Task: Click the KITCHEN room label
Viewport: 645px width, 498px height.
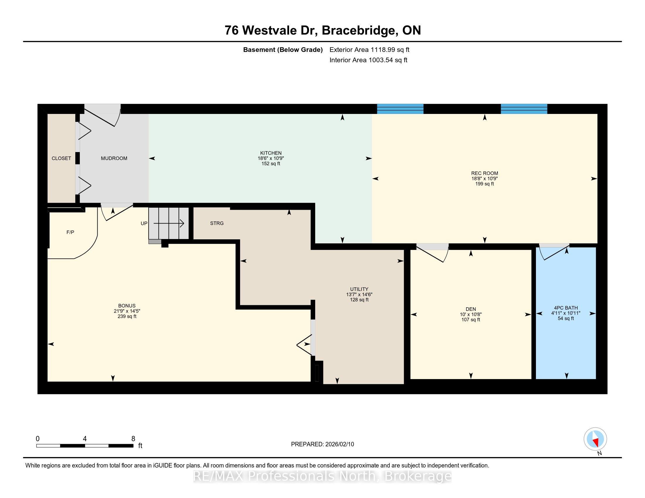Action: click(x=271, y=153)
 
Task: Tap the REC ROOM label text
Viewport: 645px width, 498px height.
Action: click(x=484, y=173)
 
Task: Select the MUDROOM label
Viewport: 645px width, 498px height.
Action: click(x=114, y=158)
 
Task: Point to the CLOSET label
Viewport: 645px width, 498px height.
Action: click(x=61, y=158)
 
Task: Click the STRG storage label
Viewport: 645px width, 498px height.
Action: click(x=217, y=223)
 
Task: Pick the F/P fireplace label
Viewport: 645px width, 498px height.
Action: click(x=70, y=232)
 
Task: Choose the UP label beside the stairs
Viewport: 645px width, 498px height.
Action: click(x=144, y=223)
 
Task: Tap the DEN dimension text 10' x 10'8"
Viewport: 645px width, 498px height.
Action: click(x=471, y=315)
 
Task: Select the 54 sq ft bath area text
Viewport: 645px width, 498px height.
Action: click(x=566, y=318)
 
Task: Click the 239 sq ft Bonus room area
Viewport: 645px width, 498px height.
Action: click(x=127, y=316)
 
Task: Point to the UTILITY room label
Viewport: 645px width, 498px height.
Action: click(x=359, y=289)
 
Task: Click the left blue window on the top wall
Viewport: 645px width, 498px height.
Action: click(x=400, y=109)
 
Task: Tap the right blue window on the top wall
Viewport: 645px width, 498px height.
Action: click(x=524, y=109)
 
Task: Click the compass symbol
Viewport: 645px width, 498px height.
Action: click(x=595, y=439)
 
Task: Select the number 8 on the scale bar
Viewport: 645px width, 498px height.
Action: click(x=133, y=439)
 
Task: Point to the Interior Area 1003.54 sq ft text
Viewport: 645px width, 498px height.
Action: click(x=368, y=60)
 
